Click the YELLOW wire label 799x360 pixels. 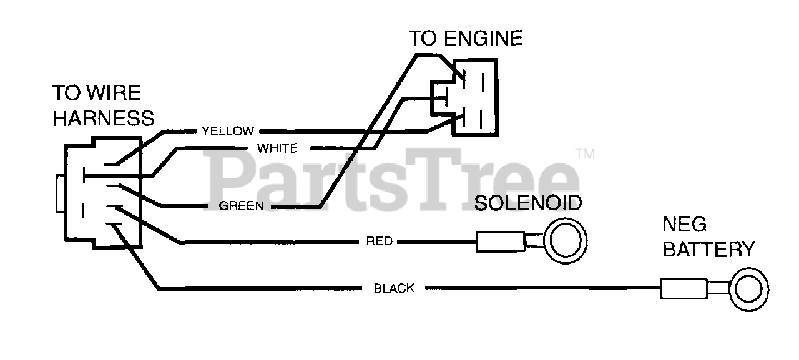tap(228, 131)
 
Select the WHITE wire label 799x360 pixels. tap(277, 148)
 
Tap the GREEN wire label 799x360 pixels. tap(242, 206)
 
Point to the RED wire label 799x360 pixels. tap(380, 241)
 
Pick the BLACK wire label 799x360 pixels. tap(394, 288)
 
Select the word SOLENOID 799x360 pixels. tap(528, 203)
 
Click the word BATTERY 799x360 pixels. tap(708, 250)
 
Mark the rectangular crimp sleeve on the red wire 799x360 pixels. tap(500, 241)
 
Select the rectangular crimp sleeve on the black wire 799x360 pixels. tap(684, 289)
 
